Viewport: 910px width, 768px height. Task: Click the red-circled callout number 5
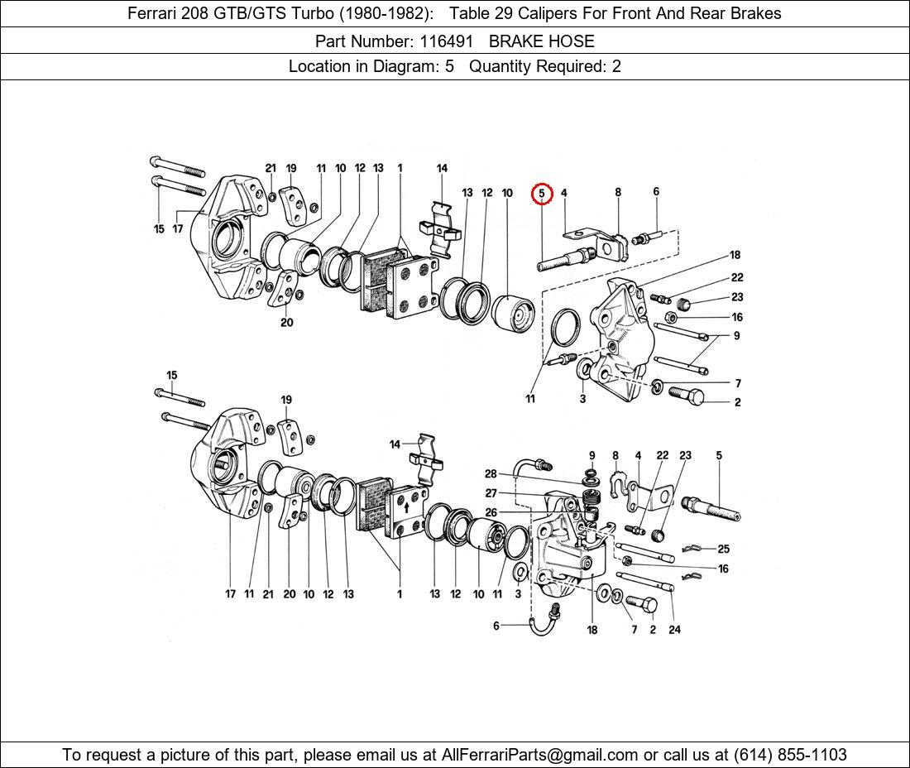point(541,194)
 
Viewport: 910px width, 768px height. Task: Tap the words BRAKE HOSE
point(541,41)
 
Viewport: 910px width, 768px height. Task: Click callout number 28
point(491,474)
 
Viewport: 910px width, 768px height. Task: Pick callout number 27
point(491,493)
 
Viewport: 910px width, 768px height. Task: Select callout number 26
point(491,512)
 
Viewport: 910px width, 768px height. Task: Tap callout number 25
point(723,549)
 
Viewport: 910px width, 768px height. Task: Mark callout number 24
point(674,630)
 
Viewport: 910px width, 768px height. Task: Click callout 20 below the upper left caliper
point(286,323)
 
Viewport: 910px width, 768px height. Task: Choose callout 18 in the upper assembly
point(735,255)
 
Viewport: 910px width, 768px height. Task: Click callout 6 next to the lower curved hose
point(496,626)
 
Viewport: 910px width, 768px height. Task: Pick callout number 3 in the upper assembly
point(582,399)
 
